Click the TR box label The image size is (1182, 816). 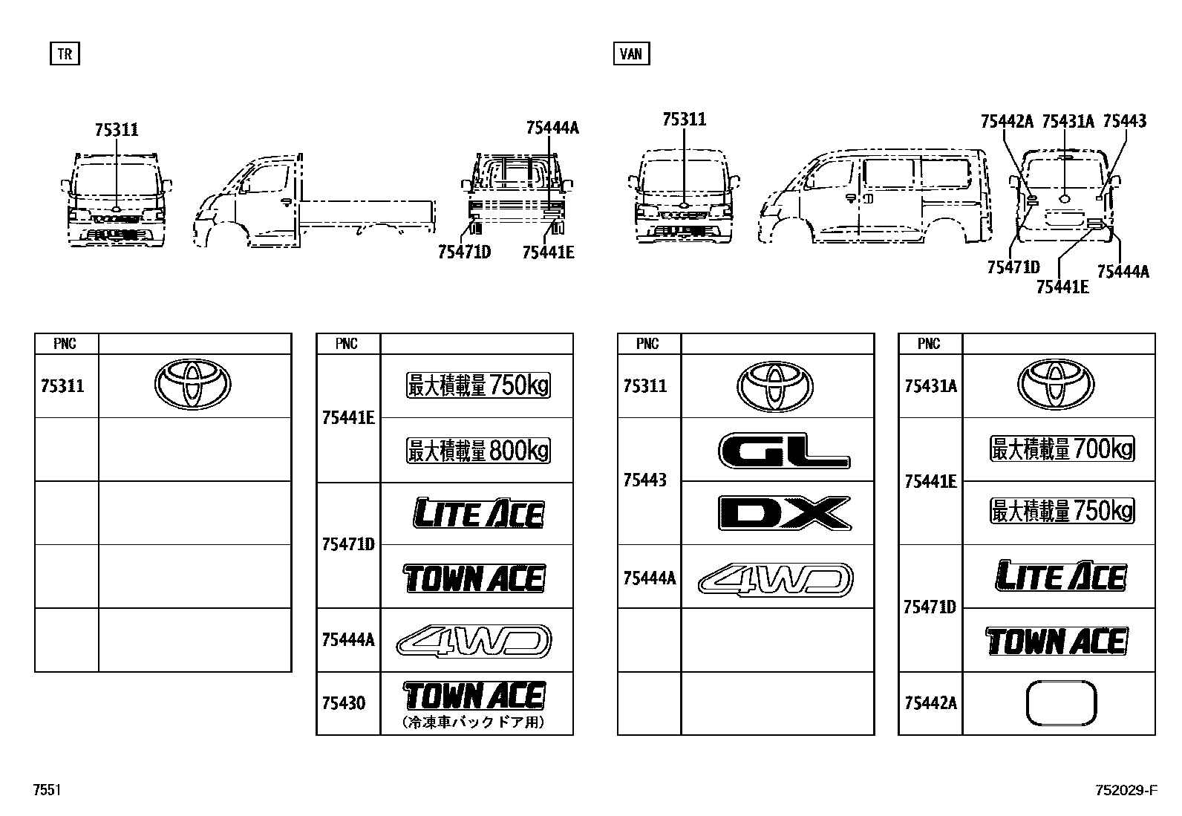click(x=65, y=54)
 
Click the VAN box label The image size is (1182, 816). click(x=631, y=54)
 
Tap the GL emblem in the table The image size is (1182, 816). click(x=784, y=450)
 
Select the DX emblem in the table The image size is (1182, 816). click(x=784, y=513)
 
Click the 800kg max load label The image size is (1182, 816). click(x=478, y=451)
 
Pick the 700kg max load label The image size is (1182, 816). click(x=1062, y=449)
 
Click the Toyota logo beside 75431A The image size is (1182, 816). click(x=1055, y=385)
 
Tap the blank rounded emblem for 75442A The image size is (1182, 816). click(x=1060, y=703)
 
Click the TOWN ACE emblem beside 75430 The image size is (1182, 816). click(x=474, y=696)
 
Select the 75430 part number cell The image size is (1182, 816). click(x=343, y=703)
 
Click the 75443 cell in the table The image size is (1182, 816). click(x=644, y=480)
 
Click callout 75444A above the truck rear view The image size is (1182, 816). click(x=552, y=128)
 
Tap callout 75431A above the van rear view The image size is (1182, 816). click(x=1068, y=121)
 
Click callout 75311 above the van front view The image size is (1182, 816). click(x=684, y=120)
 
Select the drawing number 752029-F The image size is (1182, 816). click(x=1125, y=790)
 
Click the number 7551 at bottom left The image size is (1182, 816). click(x=47, y=790)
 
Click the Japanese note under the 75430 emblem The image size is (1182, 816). click(x=474, y=722)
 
